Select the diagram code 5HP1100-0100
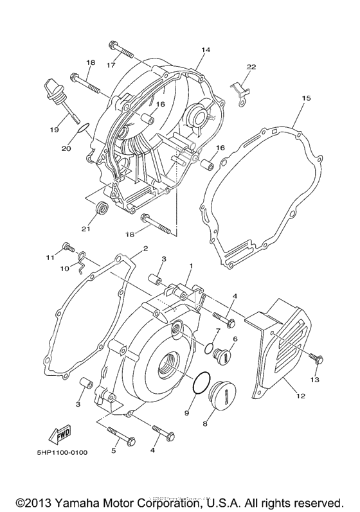pos(62,452)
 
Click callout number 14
pos(206,50)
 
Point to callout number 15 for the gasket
pos(306,98)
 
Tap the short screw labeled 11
pos(66,247)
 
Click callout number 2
pos(145,249)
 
